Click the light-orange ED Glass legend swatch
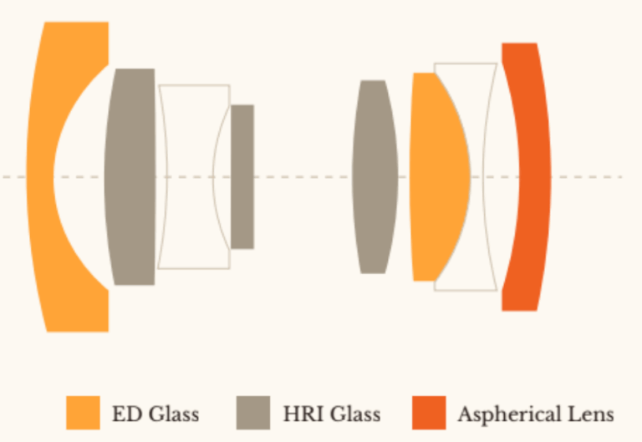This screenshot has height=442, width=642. tap(83, 413)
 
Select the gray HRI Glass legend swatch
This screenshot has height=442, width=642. tap(252, 413)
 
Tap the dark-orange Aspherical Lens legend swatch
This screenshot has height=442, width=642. tap(428, 413)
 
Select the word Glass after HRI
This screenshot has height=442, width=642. tap(354, 414)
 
